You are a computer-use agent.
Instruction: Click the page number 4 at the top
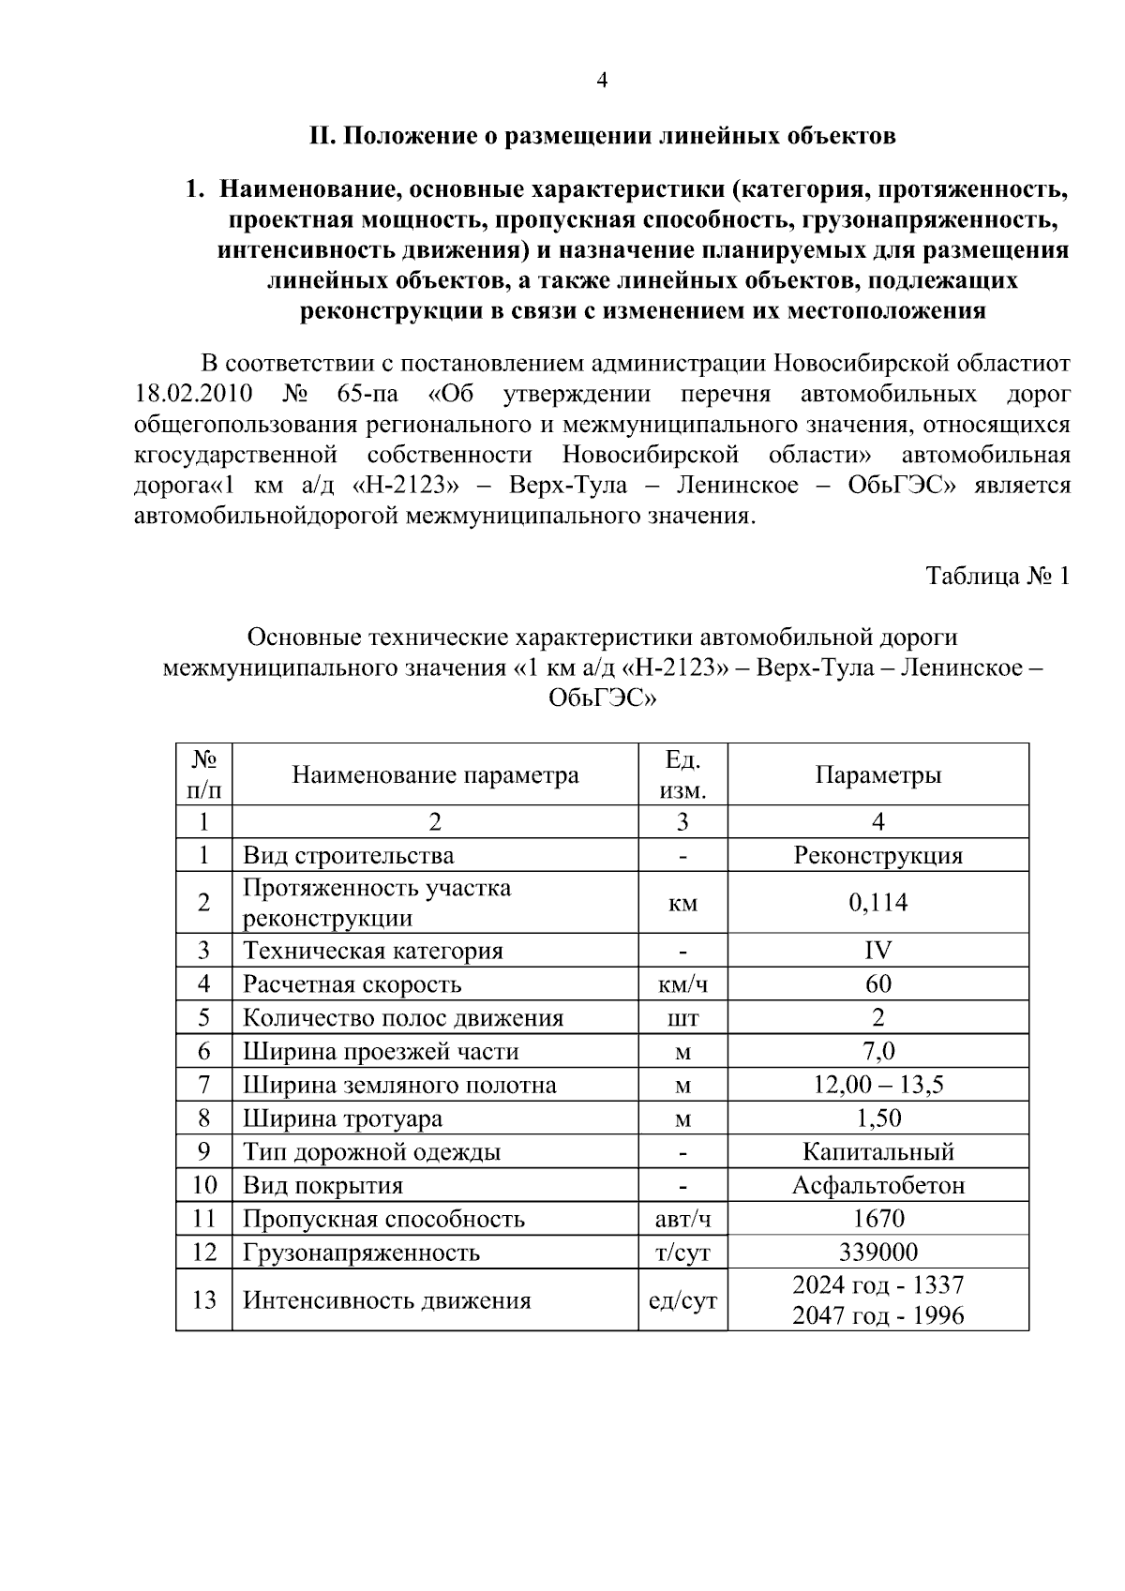(x=602, y=81)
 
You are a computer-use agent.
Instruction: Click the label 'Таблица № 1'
(x=997, y=576)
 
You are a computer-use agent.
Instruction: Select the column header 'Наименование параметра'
(x=435, y=775)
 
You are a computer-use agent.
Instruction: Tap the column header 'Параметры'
(x=877, y=775)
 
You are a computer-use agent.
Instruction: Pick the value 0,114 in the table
(x=877, y=903)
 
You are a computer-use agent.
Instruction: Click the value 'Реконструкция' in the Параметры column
(x=877, y=855)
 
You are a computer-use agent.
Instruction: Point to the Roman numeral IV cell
(x=877, y=951)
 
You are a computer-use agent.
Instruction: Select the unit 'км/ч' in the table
(x=682, y=984)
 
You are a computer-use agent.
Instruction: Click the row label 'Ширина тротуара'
(x=342, y=1118)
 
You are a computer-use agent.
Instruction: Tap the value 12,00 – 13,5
(x=877, y=1085)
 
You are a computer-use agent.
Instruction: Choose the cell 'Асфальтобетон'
(x=877, y=1185)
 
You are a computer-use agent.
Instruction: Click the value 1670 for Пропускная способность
(x=877, y=1219)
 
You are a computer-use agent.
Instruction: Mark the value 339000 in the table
(x=877, y=1253)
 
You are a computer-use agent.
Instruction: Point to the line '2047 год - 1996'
(x=877, y=1315)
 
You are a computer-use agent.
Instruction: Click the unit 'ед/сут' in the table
(x=682, y=1300)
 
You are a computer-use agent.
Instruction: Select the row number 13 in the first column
(x=204, y=1300)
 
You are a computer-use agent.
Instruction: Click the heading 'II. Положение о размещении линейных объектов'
(x=602, y=136)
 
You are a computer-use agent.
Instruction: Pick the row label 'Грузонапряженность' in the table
(x=361, y=1253)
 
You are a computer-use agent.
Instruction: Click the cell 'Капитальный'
(x=877, y=1152)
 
